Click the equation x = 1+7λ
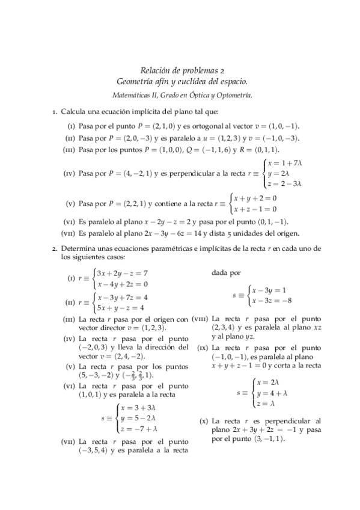click(285, 164)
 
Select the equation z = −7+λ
click(139, 429)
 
